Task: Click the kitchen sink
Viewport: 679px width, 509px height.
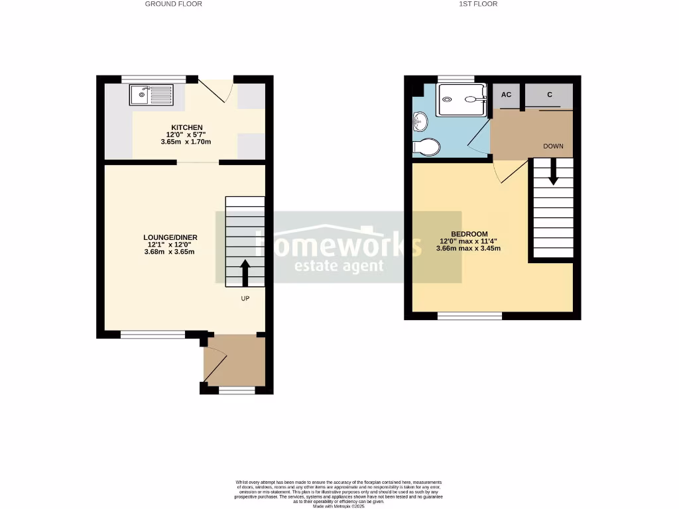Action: tap(151, 95)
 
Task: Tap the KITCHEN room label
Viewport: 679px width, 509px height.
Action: tap(187, 127)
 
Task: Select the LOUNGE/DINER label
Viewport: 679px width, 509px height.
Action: tap(170, 237)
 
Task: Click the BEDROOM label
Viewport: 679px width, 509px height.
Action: tap(469, 234)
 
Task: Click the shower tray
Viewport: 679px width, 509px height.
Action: tap(462, 99)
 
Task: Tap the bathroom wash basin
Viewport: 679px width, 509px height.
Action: tap(419, 121)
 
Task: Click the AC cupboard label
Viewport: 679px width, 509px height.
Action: tap(506, 95)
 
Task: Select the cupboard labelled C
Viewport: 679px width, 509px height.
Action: tap(549, 95)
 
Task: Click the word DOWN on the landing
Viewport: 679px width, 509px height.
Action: tap(554, 146)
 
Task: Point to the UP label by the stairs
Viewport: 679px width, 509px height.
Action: tap(245, 299)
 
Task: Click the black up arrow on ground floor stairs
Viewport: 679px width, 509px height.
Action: tap(245, 272)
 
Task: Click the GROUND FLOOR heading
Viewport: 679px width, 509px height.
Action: tap(174, 4)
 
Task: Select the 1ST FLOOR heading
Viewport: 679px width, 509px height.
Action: tap(478, 4)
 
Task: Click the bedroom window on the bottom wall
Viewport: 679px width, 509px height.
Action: tap(469, 316)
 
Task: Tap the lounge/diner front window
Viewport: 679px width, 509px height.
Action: tap(153, 335)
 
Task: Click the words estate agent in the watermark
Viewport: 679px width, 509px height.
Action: tap(339, 266)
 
